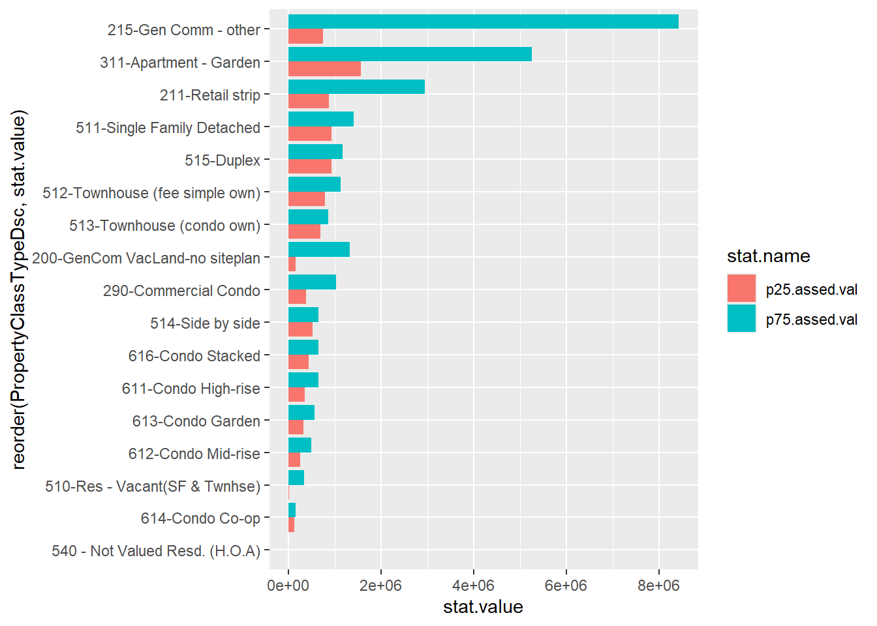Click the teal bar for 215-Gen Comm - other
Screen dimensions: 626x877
tap(483, 22)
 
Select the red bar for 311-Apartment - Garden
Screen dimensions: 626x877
tap(324, 69)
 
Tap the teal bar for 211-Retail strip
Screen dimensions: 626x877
tap(356, 87)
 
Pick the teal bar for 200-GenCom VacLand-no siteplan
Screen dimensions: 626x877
tap(318, 249)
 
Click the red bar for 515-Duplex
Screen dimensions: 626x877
tap(309, 167)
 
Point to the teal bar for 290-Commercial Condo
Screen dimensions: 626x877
tap(312, 282)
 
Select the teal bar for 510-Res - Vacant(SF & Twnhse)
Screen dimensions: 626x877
tap(296, 477)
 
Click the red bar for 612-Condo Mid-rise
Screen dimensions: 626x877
tap(294, 460)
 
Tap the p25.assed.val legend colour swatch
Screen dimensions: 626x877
tap(741, 289)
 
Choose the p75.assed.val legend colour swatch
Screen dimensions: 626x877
tap(741, 319)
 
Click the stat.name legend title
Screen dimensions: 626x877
tap(768, 256)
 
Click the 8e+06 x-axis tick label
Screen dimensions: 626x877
tap(658, 586)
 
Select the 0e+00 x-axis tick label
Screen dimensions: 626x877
tap(288, 586)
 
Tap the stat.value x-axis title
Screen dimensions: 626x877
tap(483, 607)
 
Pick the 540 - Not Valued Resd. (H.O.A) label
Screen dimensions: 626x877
tap(156, 551)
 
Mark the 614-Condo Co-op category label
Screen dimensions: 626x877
tap(200, 518)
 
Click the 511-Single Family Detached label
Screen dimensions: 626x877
tap(168, 128)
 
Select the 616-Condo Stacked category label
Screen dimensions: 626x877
tap(194, 356)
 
